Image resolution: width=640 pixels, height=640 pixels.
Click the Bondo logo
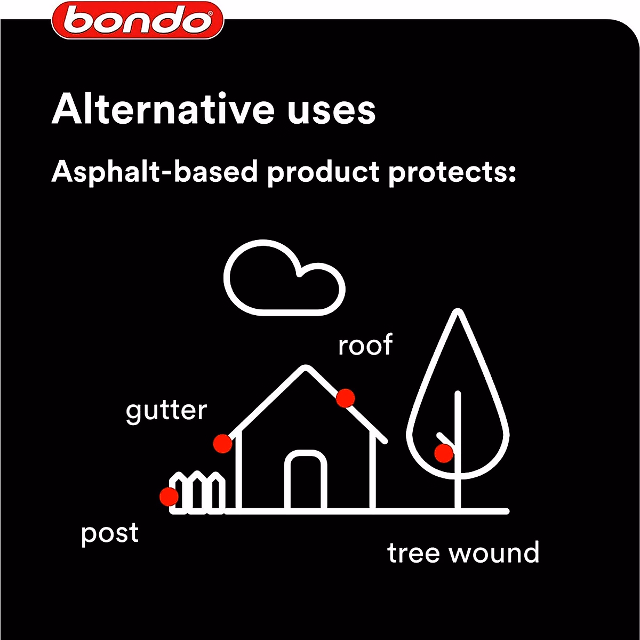(138, 20)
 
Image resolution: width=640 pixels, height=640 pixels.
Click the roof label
(365, 345)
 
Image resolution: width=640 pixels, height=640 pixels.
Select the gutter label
(166, 411)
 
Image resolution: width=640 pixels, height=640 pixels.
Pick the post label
(110, 533)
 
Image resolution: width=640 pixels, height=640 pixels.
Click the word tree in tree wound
(414, 553)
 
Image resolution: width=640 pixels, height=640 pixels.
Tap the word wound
(494, 553)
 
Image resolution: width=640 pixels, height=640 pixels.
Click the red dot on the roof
(346, 397)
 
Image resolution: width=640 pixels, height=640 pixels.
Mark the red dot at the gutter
(222, 443)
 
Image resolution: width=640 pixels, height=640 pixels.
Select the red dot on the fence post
(169, 497)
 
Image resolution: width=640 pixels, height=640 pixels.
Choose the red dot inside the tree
(444, 454)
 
